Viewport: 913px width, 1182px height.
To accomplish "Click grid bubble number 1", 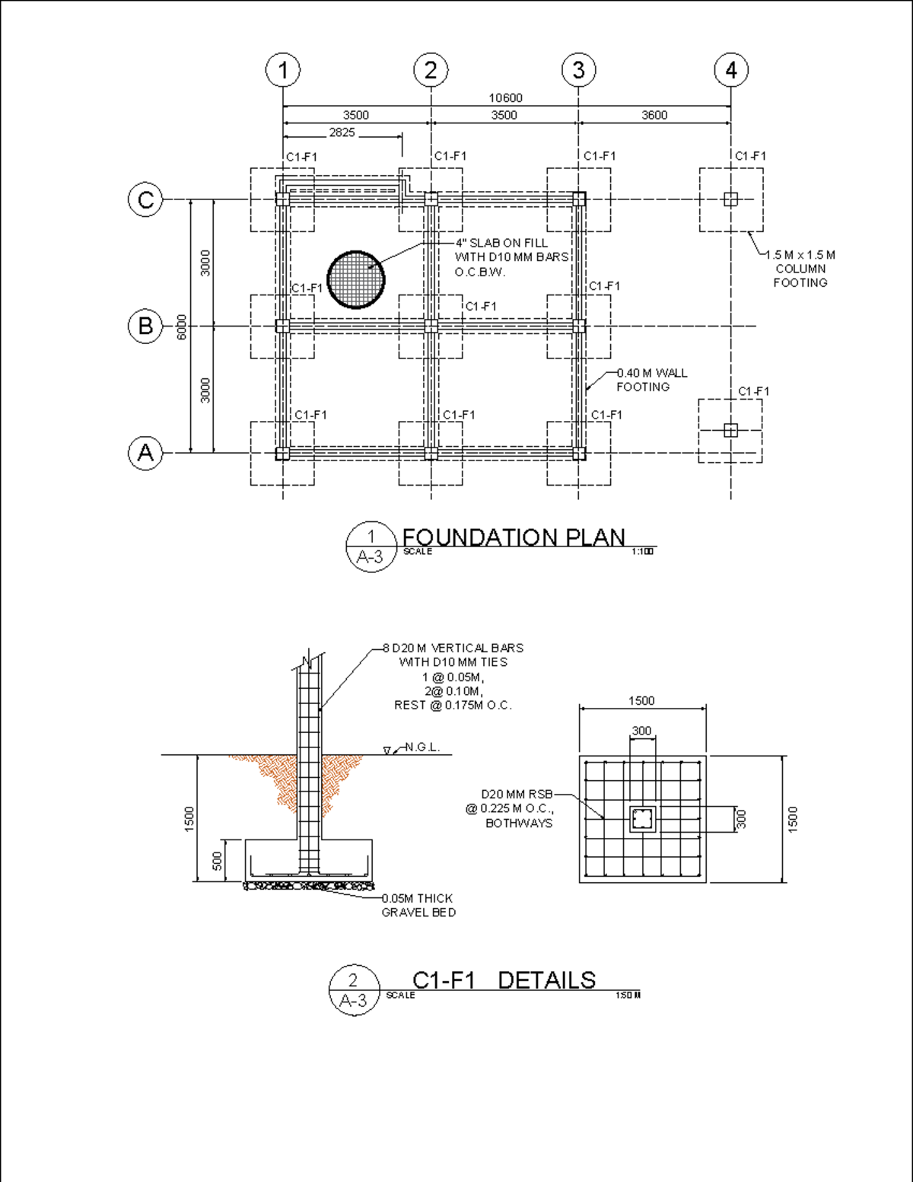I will [x=282, y=70].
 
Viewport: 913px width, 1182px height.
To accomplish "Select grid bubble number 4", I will [x=730, y=70].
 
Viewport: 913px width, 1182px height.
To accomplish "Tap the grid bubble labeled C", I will [x=145, y=199].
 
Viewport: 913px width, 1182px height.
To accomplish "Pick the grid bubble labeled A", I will [x=145, y=453].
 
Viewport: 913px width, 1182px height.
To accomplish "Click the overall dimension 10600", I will [x=505, y=98].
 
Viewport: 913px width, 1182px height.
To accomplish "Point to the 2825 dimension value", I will [x=342, y=132].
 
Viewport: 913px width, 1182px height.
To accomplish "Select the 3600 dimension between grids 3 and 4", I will [x=654, y=116].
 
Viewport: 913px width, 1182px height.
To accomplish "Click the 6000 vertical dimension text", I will [x=182, y=327].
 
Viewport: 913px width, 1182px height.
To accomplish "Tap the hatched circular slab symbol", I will [x=355, y=279].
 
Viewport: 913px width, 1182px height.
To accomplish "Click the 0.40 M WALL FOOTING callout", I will [x=651, y=380].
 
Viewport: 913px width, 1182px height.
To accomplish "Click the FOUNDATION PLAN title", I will [x=514, y=537].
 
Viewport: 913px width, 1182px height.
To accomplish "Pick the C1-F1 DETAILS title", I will [x=504, y=980].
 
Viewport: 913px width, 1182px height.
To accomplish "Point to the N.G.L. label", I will [x=422, y=747].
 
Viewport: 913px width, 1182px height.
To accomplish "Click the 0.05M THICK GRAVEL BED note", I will [x=418, y=905].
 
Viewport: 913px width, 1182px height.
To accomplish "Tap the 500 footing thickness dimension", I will [x=218, y=861].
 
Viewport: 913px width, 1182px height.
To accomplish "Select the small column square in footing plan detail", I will [x=642, y=819].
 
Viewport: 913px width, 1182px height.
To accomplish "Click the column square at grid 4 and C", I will [x=730, y=199].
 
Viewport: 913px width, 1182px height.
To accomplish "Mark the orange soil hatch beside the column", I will [x=335, y=776].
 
